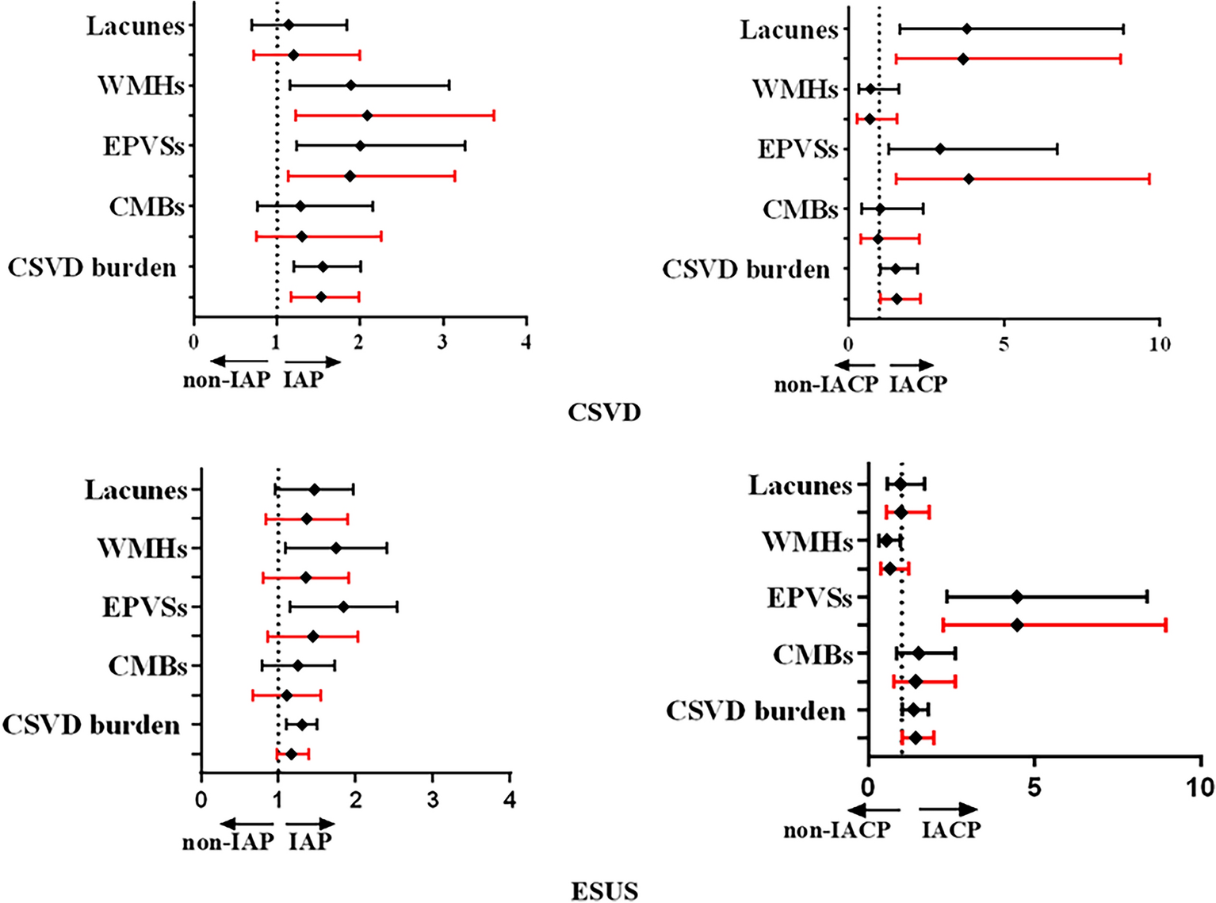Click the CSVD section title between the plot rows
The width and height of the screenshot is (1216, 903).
tap(604, 412)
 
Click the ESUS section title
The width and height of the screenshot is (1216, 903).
tap(604, 891)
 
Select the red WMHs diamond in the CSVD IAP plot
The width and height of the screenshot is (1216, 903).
tap(367, 116)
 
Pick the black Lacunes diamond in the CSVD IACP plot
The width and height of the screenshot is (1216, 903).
tap(966, 29)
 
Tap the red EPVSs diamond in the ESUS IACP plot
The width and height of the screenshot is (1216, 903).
tap(1017, 625)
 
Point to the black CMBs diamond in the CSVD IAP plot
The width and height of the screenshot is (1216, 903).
tap(300, 206)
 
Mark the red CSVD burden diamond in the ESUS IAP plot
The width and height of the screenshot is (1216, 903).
tap(292, 754)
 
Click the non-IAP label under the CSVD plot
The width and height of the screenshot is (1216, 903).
tap(227, 381)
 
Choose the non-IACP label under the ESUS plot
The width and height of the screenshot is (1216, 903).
tap(836, 830)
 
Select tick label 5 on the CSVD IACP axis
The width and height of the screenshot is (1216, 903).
tap(1004, 345)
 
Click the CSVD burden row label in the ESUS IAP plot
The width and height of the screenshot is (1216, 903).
tap(91, 725)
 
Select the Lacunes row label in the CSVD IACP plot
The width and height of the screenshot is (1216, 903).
tap(789, 30)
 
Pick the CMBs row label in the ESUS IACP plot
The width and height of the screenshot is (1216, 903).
tap(813, 655)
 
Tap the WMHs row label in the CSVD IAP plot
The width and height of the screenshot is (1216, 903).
tap(141, 86)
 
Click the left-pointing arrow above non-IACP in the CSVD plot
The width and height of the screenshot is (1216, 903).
tap(855, 365)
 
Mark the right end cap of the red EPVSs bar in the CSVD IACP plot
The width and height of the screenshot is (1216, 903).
tap(1149, 179)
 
